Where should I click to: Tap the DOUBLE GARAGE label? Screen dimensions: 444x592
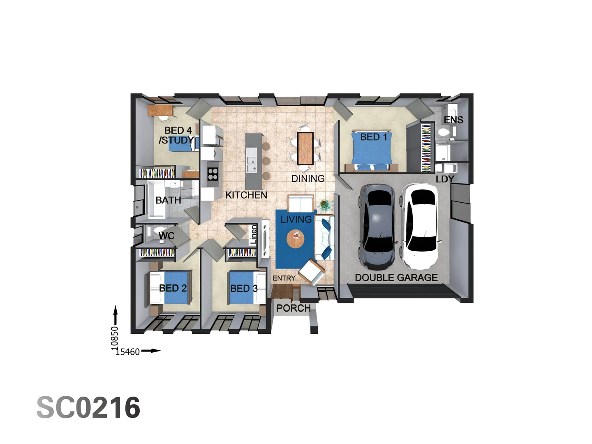[x=396, y=277]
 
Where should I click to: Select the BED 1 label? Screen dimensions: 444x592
[x=374, y=137]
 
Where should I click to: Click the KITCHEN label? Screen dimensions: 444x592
[x=246, y=195]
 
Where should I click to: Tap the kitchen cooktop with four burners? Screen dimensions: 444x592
[x=213, y=174]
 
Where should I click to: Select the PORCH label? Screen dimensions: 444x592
[x=293, y=308]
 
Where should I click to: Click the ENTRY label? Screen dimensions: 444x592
[x=284, y=278]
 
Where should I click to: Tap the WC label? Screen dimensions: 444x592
[x=166, y=236]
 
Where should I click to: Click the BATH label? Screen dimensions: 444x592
[x=168, y=200]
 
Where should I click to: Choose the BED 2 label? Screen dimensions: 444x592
[x=173, y=288]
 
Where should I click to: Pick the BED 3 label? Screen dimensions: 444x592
[x=244, y=289]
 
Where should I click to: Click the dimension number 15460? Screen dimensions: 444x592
[x=127, y=352]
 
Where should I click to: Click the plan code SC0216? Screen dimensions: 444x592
[x=88, y=408]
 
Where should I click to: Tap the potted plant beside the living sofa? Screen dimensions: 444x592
[x=324, y=204]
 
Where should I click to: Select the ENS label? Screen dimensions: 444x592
[x=453, y=120]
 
